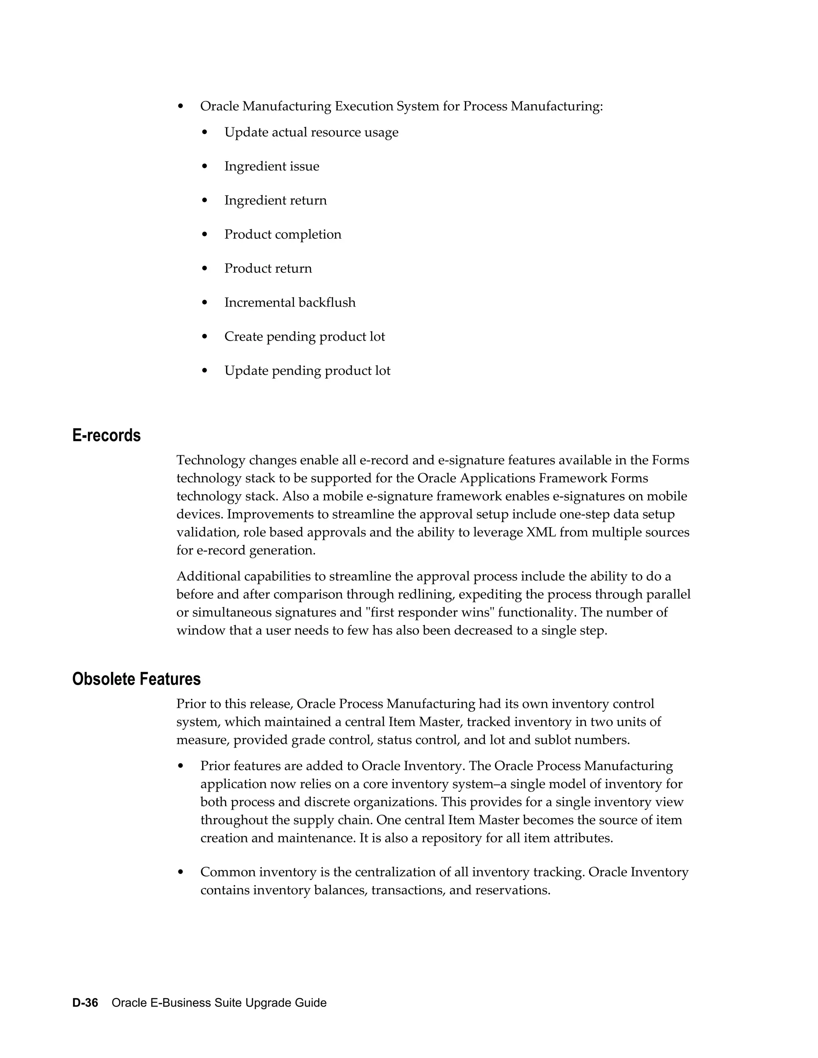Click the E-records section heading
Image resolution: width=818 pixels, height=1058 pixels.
click(x=106, y=436)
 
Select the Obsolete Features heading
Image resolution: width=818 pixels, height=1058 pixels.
click(x=136, y=679)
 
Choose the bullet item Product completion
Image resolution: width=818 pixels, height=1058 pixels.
click(x=282, y=234)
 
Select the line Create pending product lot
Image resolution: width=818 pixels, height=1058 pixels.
click(x=304, y=336)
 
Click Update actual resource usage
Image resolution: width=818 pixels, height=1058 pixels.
click(x=311, y=132)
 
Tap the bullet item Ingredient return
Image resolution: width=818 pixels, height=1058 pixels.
click(x=275, y=200)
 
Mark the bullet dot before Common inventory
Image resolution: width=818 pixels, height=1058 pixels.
click(x=181, y=872)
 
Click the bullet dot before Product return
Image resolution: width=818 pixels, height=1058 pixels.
click(x=204, y=268)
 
